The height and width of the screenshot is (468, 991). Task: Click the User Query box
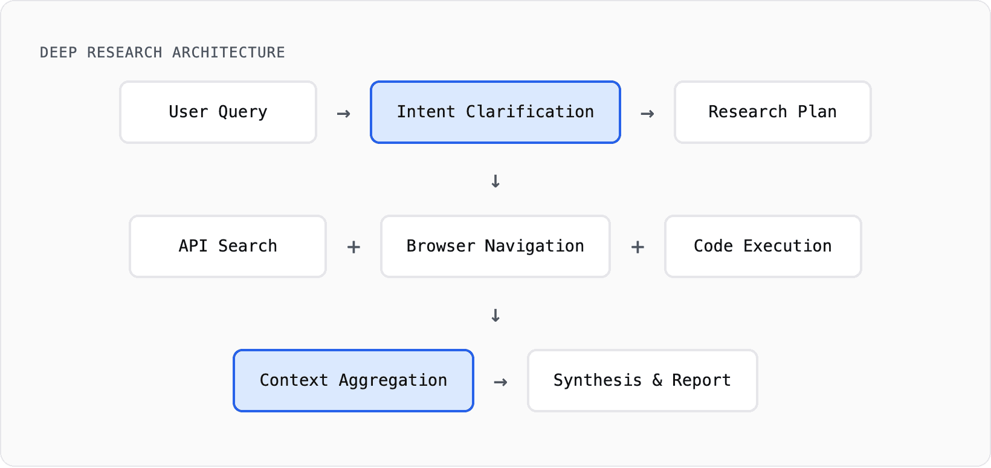pyautogui.click(x=218, y=112)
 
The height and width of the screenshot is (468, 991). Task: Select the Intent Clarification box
pyautogui.click(x=495, y=112)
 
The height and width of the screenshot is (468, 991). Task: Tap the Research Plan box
pyautogui.click(x=772, y=112)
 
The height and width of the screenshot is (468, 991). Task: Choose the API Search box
pyautogui.click(x=228, y=247)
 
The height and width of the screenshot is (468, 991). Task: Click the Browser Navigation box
pyautogui.click(x=495, y=247)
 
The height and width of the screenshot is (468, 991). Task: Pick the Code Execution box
pyautogui.click(x=763, y=247)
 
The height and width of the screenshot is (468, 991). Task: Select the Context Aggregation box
pyautogui.click(x=353, y=381)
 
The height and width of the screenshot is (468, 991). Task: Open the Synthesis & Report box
pyautogui.click(x=642, y=381)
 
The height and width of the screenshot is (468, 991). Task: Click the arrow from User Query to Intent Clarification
pyautogui.click(x=344, y=114)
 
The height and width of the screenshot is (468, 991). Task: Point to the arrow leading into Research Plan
pyautogui.click(x=647, y=114)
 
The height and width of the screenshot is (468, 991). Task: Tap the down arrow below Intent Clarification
pyautogui.click(x=495, y=181)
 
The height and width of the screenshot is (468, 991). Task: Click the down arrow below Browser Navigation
pyautogui.click(x=495, y=316)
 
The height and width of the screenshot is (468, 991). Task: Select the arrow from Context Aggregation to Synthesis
pyautogui.click(x=500, y=382)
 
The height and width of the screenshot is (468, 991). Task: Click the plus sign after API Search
pyautogui.click(x=353, y=247)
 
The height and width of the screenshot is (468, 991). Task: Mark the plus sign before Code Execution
pyautogui.click(x=638, y=247)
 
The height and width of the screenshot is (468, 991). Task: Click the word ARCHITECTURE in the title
pyautogui.click(x=228, y=53)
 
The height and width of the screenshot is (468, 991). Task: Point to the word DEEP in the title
pyautogui.click(x=58, y=53)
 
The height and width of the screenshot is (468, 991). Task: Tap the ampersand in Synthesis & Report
pyautogui.click(x=657, y=380)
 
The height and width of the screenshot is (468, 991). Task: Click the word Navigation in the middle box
pyautogui.click(x=534, y=246)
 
